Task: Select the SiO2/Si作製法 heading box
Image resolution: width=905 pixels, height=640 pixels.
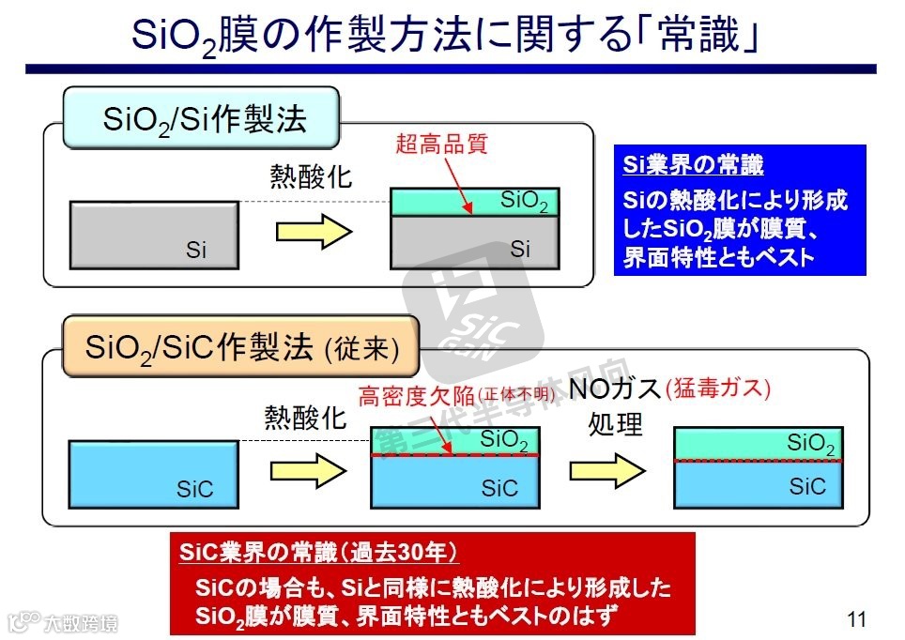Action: [201, 118]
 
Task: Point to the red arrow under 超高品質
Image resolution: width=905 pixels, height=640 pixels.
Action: [454, 184]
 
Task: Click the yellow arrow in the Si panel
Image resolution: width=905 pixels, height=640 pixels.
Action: [312, 232]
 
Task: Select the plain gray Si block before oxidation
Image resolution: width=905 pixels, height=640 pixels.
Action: [155, 236]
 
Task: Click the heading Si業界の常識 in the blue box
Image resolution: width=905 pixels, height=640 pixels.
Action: [694, 165]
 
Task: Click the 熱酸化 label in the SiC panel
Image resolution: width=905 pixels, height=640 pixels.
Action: [307, 418]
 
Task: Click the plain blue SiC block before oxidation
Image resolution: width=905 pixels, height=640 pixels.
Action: [153, 473]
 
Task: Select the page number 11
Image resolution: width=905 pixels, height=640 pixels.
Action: [854, 618]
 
